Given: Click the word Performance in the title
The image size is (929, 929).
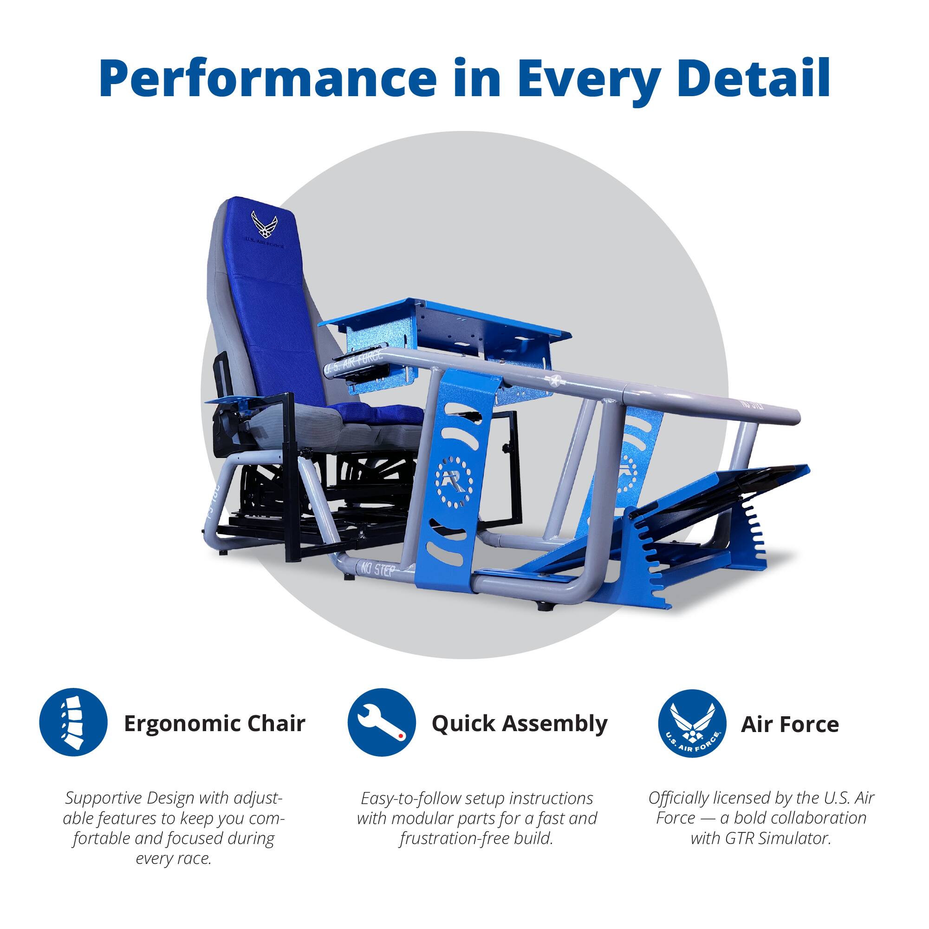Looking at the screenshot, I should (x=267, y=79).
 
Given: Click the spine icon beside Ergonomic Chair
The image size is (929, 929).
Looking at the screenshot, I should (x=73, y=723).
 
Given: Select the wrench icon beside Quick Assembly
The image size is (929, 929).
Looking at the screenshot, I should (x=381, y=723).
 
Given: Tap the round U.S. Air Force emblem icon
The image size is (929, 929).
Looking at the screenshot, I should (x=691, y=724).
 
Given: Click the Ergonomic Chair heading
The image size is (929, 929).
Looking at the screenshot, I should (x=214, y=724).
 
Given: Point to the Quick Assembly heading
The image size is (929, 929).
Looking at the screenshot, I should (x=520, y=724).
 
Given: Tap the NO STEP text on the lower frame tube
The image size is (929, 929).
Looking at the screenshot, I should (x=378, y=571).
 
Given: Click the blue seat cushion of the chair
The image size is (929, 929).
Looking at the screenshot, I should (x=380, y=412).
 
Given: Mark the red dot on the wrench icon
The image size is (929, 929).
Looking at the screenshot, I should (x=400, y=736).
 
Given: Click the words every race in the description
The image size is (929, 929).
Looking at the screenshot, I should (x=174, y=858).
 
